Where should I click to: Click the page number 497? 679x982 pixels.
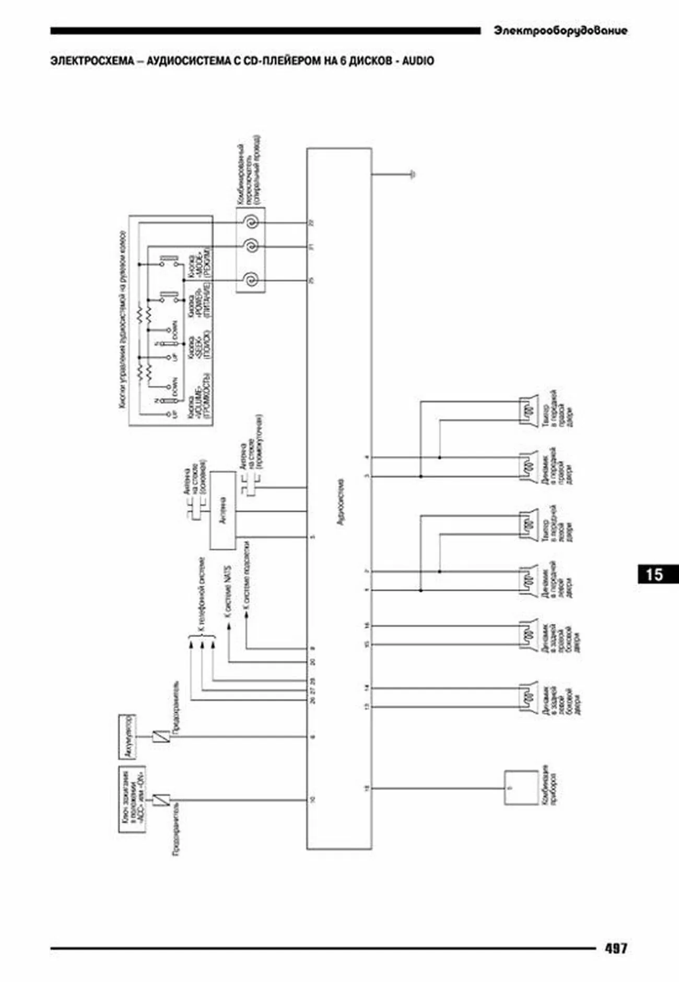coord(616,948)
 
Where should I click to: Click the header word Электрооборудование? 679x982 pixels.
coord(560,31)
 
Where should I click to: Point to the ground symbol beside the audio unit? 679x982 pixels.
coord(413,174)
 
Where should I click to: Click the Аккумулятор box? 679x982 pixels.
coord(127,736)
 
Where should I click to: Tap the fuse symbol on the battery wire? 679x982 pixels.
coord(160,736)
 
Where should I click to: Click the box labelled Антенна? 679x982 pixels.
coord(223,510)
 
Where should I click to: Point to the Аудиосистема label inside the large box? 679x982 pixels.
coord(341,501)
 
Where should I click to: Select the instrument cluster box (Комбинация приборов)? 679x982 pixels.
coord(521,788)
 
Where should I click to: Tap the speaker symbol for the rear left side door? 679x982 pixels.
coord(528,697)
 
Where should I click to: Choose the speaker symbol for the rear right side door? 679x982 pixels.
coord(528,635)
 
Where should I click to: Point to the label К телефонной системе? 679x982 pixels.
coord(203,595)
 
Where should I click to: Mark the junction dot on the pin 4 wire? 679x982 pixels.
coord(439,458)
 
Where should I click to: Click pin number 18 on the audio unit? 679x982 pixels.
coord(367,788)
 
